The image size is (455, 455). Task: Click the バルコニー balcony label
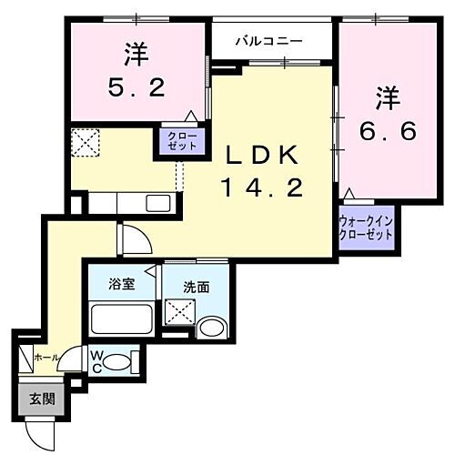pyautogui.click(x=269, y=41)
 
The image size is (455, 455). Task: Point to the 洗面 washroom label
pyautogui.click(x=197, y=286)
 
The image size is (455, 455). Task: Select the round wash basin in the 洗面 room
pyautogui.click(x=212, y=328)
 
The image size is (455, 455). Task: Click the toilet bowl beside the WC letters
pyautogui.click(x=117, y=361)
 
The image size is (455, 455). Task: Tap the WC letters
pyautogui.click(x=96, y=361)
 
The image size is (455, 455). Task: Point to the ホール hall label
pyautogui.click(x=45, y=358)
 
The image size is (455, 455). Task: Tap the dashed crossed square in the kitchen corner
pyautogui.click(x=86, y=142)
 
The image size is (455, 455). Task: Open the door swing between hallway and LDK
pyautogui.click(x=136, y=239)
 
